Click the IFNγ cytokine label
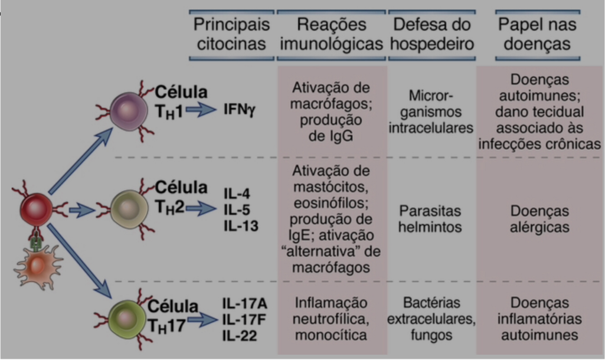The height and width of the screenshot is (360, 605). pyautogui.click(x=238, y=110)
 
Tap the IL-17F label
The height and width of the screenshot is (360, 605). pyautogui.click(x=244, y=319)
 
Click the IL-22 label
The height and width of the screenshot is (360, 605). pyautogui.click(x=238, y=335)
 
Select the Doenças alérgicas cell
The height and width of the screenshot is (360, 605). pyautogui.click(x=539, y=219)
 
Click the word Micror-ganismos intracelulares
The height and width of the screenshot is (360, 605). pyautogui.click(x=431, y=111)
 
